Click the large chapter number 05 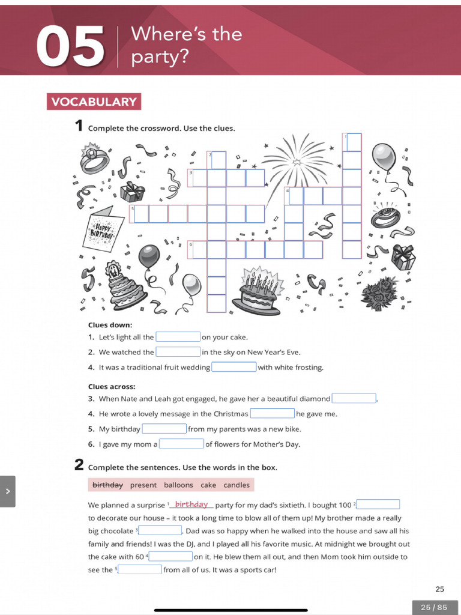click(70, 46)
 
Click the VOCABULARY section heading click(94, 101)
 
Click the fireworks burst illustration click(297, 160)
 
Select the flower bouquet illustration click(380, 293)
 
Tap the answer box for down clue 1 click(178, 337)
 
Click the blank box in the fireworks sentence click(178, 352)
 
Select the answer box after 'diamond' click(354, 398)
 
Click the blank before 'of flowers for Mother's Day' click(181, 444)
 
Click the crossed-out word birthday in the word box click(107, 485)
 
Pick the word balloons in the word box click(178, 485)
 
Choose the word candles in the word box click(237, 485)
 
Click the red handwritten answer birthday click(191, 504)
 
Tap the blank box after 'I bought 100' click(378, 504)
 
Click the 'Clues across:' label click(112, 386)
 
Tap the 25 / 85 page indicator click(434, 607)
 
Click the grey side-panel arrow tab click(8, 491)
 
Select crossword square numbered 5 click(140, 214)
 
